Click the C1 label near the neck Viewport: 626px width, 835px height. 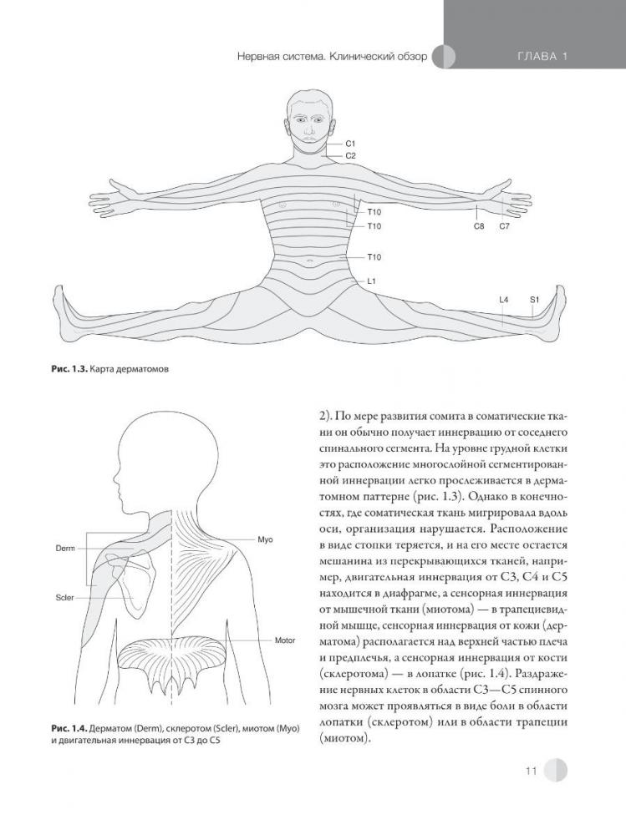coord(350,144)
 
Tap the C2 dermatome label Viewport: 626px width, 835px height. coord(350,156)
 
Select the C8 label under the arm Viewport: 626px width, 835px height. coord(479,226)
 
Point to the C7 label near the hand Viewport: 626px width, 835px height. coord(505,226)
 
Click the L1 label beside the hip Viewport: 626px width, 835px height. coord(371,282)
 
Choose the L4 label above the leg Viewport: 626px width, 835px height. coord(503,298)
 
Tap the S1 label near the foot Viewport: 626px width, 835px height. coord(534,298)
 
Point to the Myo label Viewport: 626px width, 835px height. coord(267,540)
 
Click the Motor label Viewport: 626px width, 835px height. coord(286,640)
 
